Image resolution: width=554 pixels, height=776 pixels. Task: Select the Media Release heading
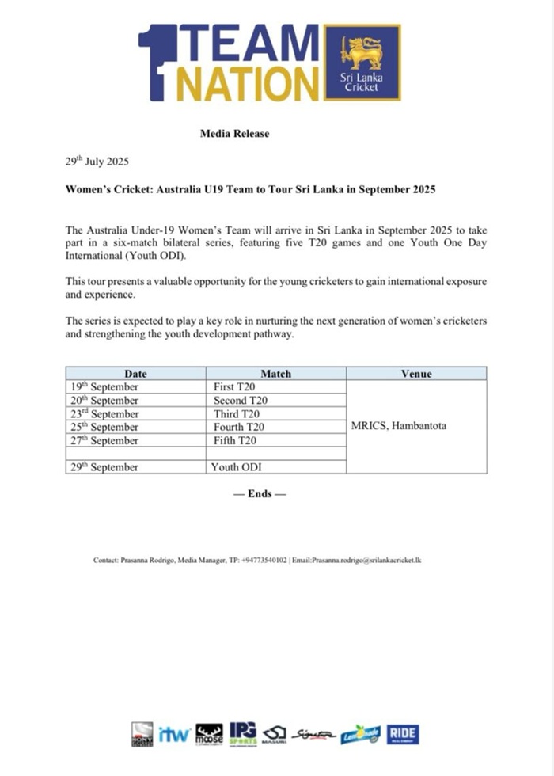coord(234,134)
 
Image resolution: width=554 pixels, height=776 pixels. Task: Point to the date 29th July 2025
coord(97,162)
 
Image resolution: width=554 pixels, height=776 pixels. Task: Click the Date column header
coord(135,374)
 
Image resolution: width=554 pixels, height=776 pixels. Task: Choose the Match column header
coord(275,374)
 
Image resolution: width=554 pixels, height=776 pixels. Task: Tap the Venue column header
coord(416,374)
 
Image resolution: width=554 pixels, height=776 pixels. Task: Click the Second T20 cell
coord(241,401)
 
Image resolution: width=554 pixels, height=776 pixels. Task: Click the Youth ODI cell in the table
coord(236,467)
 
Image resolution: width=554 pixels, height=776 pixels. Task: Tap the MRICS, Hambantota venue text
coord(398,426)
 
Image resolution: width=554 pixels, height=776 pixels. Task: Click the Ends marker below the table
coord(260,493)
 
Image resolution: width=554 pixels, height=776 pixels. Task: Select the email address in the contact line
coord(366,561)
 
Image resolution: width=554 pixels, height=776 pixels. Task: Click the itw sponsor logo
coord(173,734)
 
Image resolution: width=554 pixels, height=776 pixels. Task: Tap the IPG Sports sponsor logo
coord(243,734)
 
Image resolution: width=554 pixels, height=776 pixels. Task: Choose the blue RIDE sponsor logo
coord(403,734)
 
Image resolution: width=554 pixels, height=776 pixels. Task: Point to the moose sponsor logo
coord(209,734)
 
